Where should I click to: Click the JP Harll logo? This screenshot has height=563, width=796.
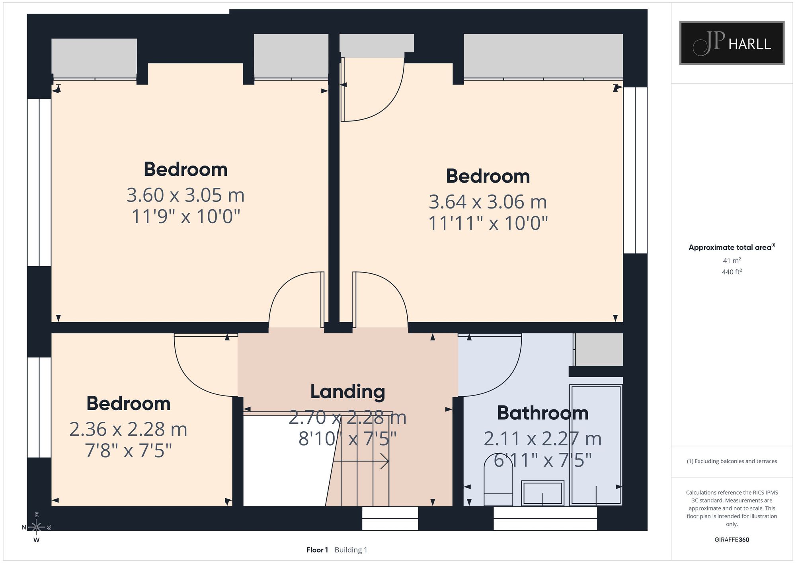(732, 43)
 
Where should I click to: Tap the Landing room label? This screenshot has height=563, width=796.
(347, 392)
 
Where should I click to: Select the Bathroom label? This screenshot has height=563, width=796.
(542, 413)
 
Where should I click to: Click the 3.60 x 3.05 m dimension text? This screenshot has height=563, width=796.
(185, 195)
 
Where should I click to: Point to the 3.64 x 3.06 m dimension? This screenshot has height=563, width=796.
(488, 202)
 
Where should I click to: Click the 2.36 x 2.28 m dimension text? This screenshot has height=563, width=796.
(128, 429)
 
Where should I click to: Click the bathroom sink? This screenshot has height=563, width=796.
(542, 493)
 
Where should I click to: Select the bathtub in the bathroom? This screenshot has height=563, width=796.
(596, 445)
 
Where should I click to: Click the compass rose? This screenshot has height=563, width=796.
(37, 527)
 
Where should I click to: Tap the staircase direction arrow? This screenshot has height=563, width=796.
(361, 462)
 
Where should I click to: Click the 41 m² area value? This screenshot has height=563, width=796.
(732, 261)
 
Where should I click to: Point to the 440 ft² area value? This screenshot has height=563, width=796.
(732, 272)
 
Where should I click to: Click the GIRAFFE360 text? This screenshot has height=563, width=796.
(732, 540)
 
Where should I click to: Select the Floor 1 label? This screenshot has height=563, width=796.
(317, 550)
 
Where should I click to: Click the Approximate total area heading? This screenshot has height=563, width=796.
(732, 247)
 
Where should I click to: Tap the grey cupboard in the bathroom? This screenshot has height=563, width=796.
(599, 349)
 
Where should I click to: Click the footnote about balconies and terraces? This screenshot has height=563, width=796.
(732, 461)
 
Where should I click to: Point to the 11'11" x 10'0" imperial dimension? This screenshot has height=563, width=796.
(488, 223)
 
